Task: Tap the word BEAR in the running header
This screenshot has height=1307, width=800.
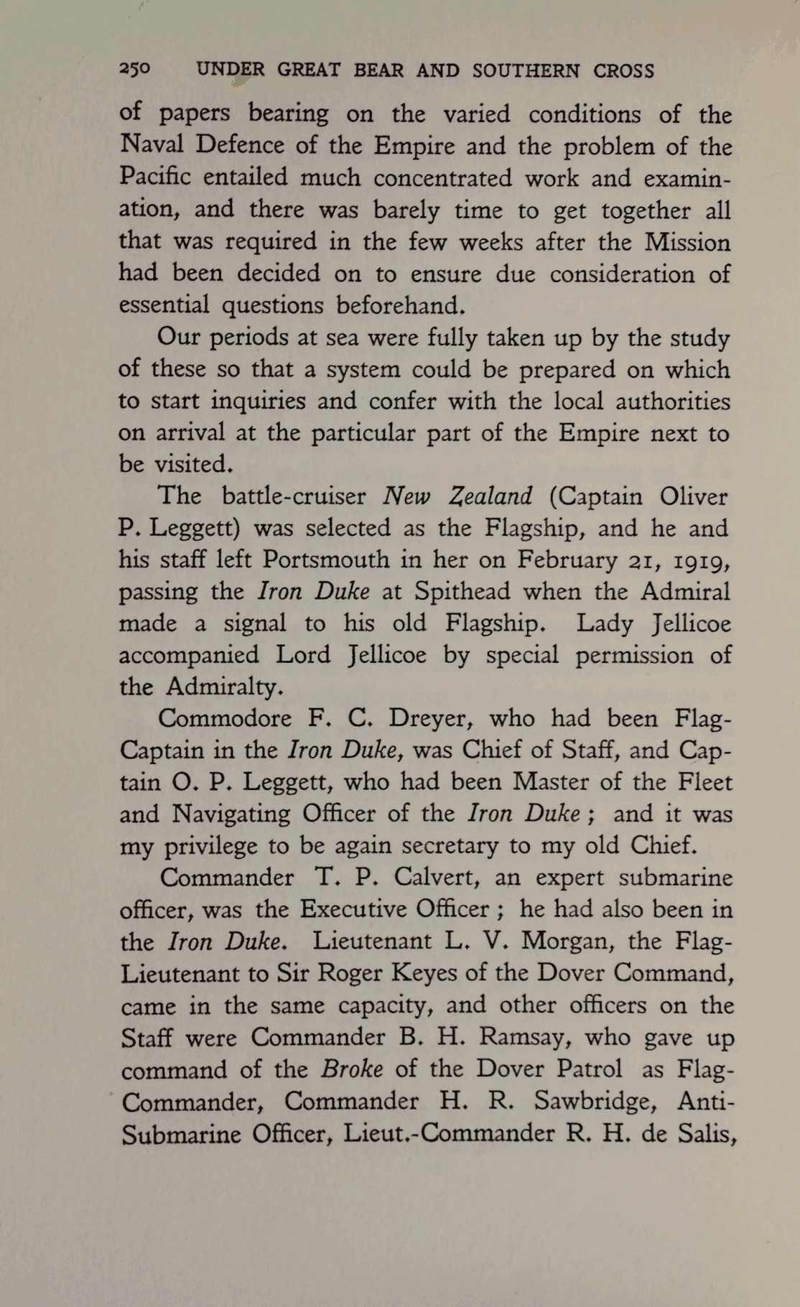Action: (378, 70)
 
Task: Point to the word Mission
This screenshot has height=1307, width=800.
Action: (687, 242)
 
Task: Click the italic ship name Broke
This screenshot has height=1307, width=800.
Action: (351, 1069)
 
